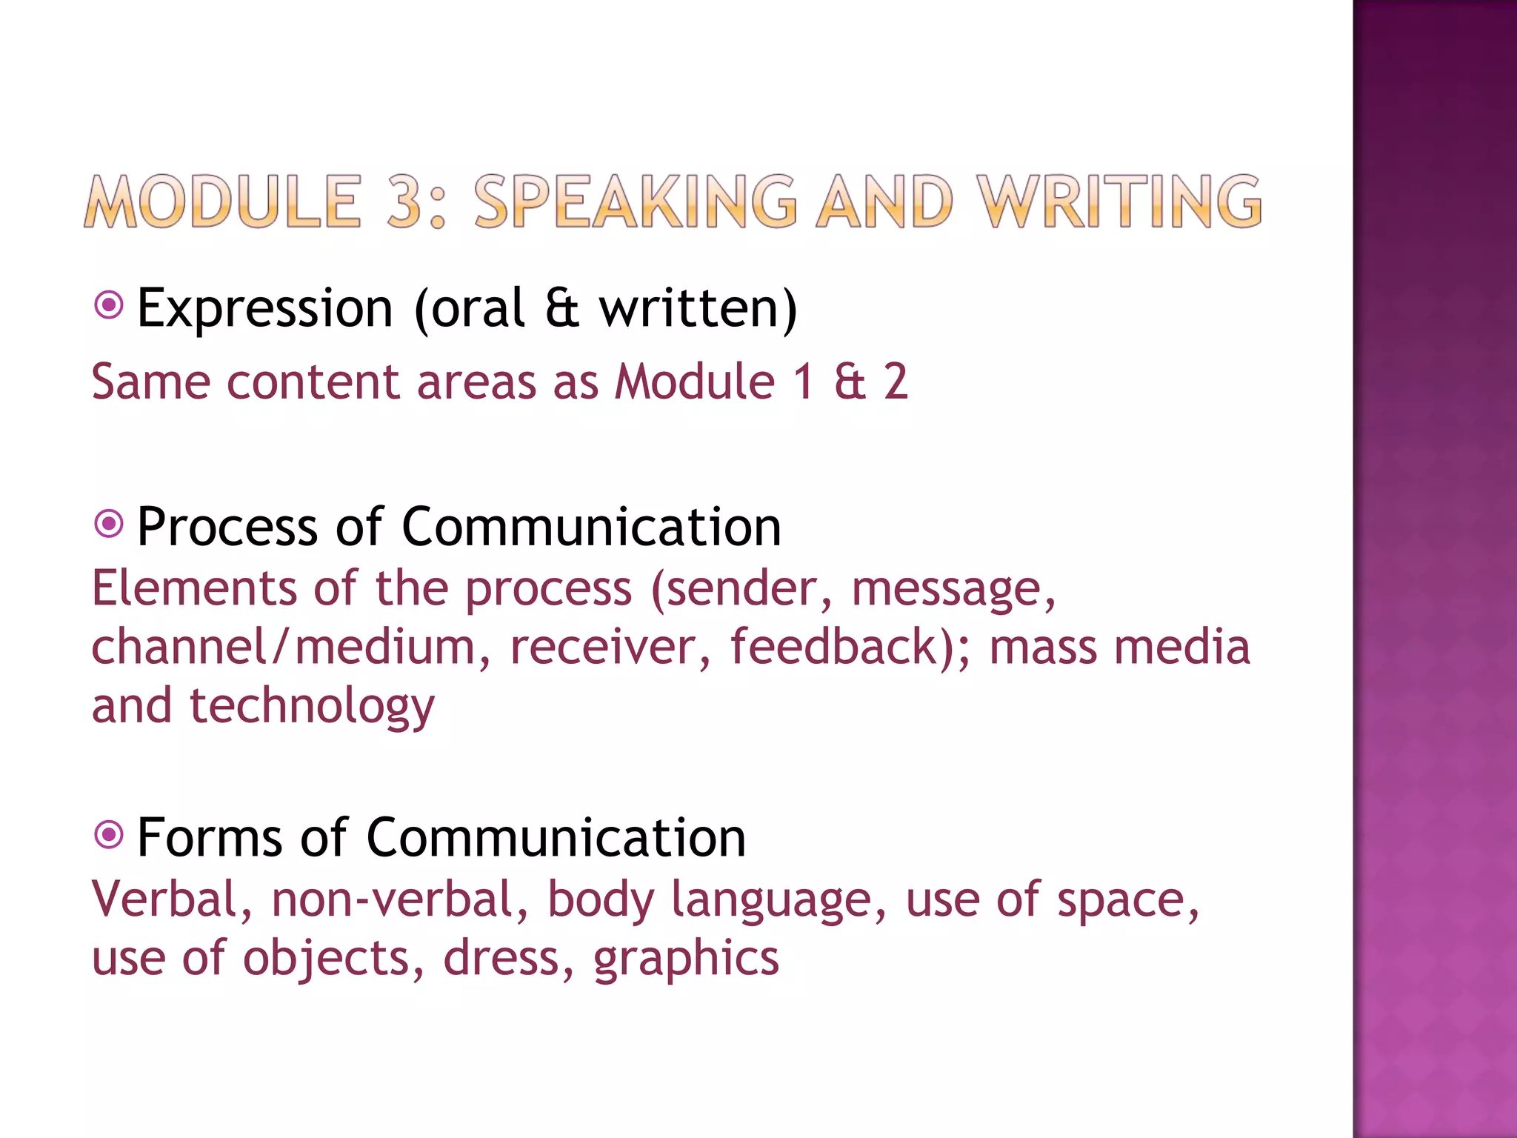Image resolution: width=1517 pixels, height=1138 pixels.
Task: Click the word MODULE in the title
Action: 222,202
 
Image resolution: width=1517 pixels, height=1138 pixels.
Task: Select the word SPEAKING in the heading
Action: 636,202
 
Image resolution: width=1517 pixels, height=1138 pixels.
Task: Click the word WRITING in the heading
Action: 1118,202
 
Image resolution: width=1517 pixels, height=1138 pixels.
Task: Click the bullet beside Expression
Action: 109,305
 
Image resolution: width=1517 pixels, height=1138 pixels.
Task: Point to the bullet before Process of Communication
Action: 109,525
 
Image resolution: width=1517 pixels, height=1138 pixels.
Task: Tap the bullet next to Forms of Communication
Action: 109,835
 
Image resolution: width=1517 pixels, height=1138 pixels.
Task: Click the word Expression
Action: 264,308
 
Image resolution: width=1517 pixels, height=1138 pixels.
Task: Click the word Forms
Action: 210,838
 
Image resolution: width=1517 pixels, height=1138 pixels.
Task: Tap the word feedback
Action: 833,647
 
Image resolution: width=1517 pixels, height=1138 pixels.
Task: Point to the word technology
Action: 312,707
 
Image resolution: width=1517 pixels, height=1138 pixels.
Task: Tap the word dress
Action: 508,957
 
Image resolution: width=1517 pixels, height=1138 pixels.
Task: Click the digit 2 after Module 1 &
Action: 896,382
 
